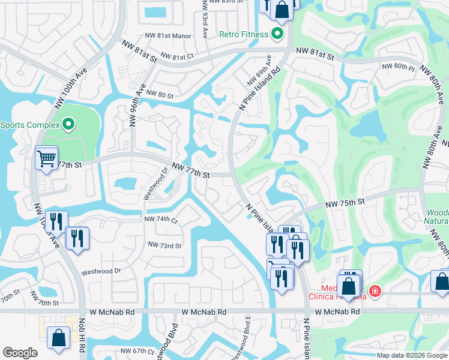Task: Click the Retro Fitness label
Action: (x=243, y=34)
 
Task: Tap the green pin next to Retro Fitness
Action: (x=277, y=34)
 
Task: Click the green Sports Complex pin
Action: (x=68, y=125)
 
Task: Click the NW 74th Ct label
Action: (x=161, y=220)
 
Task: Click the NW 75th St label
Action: (x=345, y=204)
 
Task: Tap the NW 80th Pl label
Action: (x=398, y=67)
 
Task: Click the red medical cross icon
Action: (x=375, y=291)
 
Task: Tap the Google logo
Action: (x=20, y=353)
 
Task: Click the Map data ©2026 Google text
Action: (x=411, y=355)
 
